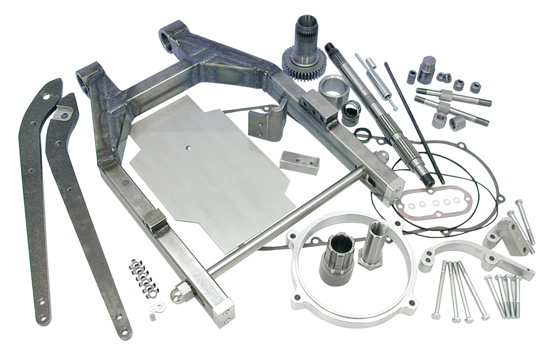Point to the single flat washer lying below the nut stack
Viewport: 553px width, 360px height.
[x=153, y=307]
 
